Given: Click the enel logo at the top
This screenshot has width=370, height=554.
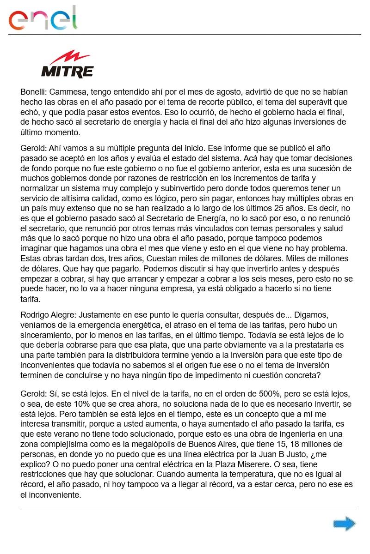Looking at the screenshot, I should point(43,18).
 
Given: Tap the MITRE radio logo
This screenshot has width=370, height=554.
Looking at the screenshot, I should point(67,65).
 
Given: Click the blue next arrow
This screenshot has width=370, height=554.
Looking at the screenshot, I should point(344,524).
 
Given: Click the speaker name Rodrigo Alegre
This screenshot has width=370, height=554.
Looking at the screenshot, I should point(48,315).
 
